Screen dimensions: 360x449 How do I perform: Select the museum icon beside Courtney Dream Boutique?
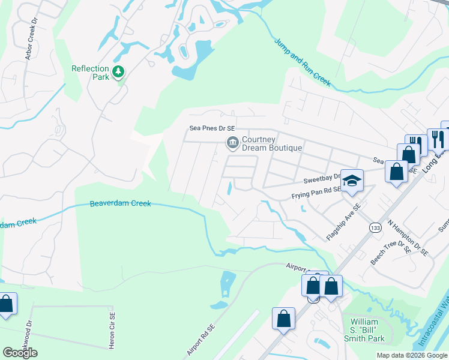(232, 142)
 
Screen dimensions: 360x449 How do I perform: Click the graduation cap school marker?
(353, 179)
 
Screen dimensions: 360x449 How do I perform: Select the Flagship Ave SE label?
(344, 222)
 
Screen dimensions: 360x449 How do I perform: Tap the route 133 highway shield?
(375, 227)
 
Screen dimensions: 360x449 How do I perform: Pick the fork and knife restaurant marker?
(437, 139)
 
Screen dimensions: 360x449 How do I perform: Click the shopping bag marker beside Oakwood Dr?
(6, 303)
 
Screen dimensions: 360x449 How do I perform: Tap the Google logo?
(20, 353)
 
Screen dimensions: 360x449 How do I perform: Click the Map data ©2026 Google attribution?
(412, 355)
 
